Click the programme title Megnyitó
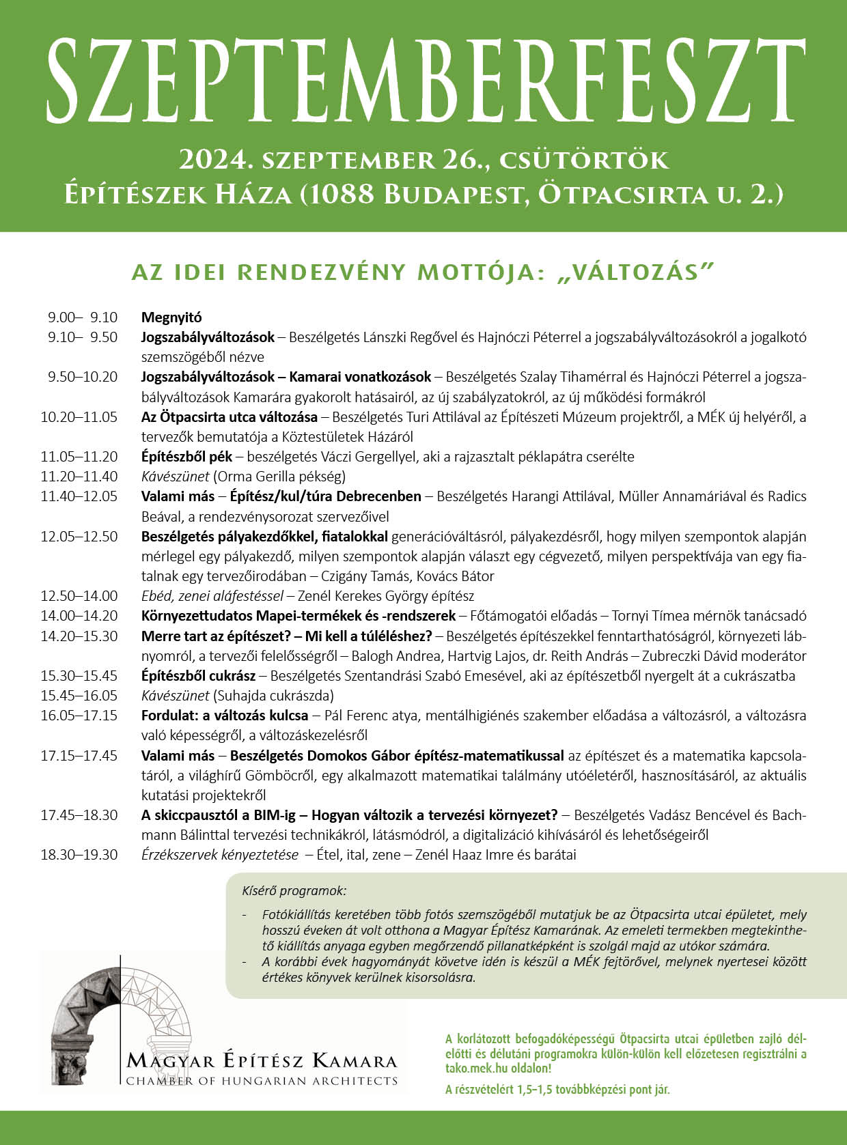[171, 317]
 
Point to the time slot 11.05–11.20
[79, 457]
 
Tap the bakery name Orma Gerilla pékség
[279, 477]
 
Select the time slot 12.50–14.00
[79, 596]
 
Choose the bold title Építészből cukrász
[198, 676]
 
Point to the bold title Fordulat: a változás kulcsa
[225, 716]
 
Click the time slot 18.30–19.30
[79, 855]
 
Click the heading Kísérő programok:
[294, 891]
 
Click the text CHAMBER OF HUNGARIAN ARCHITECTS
[262, 1081]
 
